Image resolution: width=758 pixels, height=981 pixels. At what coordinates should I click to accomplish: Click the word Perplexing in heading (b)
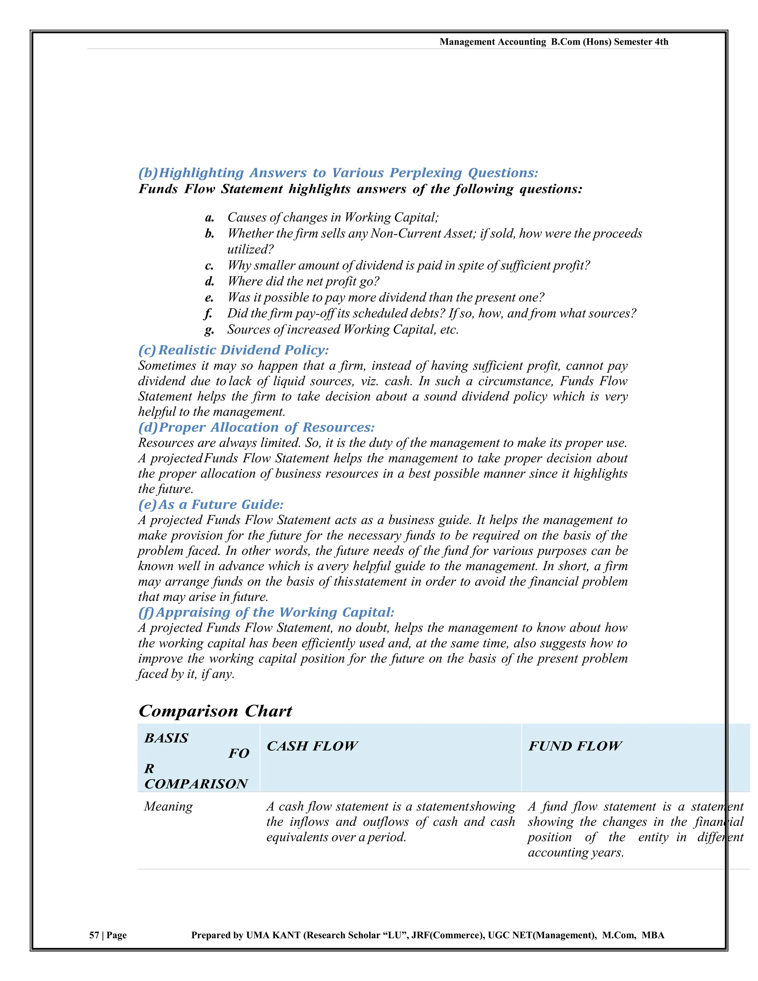tap(426, 173)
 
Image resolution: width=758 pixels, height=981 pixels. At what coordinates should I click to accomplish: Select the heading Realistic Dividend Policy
tap(244, 350)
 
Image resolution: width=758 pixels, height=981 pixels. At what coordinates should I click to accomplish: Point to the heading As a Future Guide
tap(221, 505)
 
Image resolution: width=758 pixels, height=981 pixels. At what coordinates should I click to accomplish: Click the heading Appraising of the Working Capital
tap(275, 612)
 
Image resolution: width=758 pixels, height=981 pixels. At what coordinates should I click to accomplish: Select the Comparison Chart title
tap(215, 711)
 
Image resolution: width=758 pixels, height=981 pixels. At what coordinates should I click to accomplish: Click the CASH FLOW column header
tap(312, 746)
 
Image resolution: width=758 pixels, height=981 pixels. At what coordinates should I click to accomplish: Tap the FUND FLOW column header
tap(575, 746)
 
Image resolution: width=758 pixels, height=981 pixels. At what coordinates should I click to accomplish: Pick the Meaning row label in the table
tap(168, 807)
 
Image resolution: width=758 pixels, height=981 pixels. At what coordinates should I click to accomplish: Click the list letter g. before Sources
tap(209, 330)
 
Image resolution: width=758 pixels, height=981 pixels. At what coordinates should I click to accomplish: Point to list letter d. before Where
tap(209, 282)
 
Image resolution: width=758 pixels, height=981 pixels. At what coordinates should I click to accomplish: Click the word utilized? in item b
tap(250, 249)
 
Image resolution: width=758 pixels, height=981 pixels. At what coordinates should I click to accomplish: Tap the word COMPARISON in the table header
tap(196, 784)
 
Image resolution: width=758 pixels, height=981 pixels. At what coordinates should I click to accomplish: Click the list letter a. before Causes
tap(209, 218)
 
